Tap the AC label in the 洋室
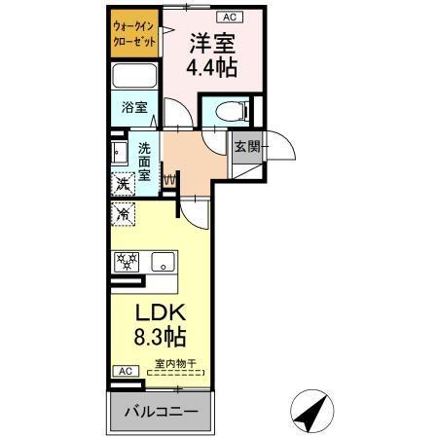[230, 17]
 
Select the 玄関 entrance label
[246, 148]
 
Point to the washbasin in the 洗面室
[119, 154]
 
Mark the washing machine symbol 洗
[124, 183]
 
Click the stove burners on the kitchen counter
[127, 261]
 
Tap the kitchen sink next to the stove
[163, 261]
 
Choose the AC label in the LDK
[125, 371]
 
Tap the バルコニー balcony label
[162, 412]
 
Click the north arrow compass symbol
[310, 415]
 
